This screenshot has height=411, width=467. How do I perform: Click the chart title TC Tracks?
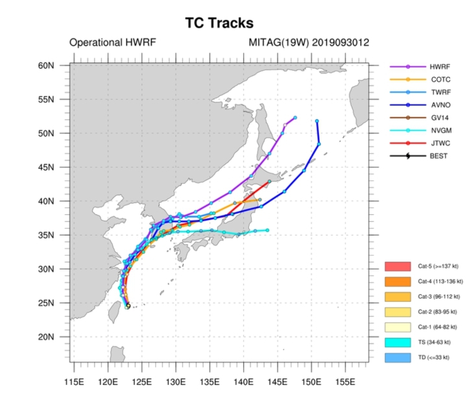click(x=219, y=23)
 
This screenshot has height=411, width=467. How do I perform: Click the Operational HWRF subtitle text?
click(x=113, y=42)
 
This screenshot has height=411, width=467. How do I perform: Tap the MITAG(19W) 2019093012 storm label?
click(x=309, y=42)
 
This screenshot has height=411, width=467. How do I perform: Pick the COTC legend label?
click(x=440, y=80)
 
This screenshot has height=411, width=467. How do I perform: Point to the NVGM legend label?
click(x=441, y=131)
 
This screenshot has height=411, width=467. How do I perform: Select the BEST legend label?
click(x=438, y=156)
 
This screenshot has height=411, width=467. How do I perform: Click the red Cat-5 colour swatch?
click(x=398, y=266)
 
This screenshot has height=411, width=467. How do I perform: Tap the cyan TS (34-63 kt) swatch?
click(x=398, y=342)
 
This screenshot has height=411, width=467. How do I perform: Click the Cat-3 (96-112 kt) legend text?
click(x=438, y=297)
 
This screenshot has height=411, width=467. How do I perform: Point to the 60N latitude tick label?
click(x=46, y=66)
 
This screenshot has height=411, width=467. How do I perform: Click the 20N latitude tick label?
click(x=46, y=337)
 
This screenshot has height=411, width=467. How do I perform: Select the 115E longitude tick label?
click(x=74, y=382)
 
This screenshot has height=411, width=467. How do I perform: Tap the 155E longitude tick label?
click(x=345, y=382)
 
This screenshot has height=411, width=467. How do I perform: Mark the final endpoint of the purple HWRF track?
click(x=295, y=118)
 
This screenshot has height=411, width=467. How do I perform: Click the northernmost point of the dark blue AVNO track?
click(x=317, y=121)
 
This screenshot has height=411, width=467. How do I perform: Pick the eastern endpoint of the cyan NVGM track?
click(x=267, y=230)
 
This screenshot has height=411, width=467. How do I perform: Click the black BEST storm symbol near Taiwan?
click(x=128, y=306)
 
